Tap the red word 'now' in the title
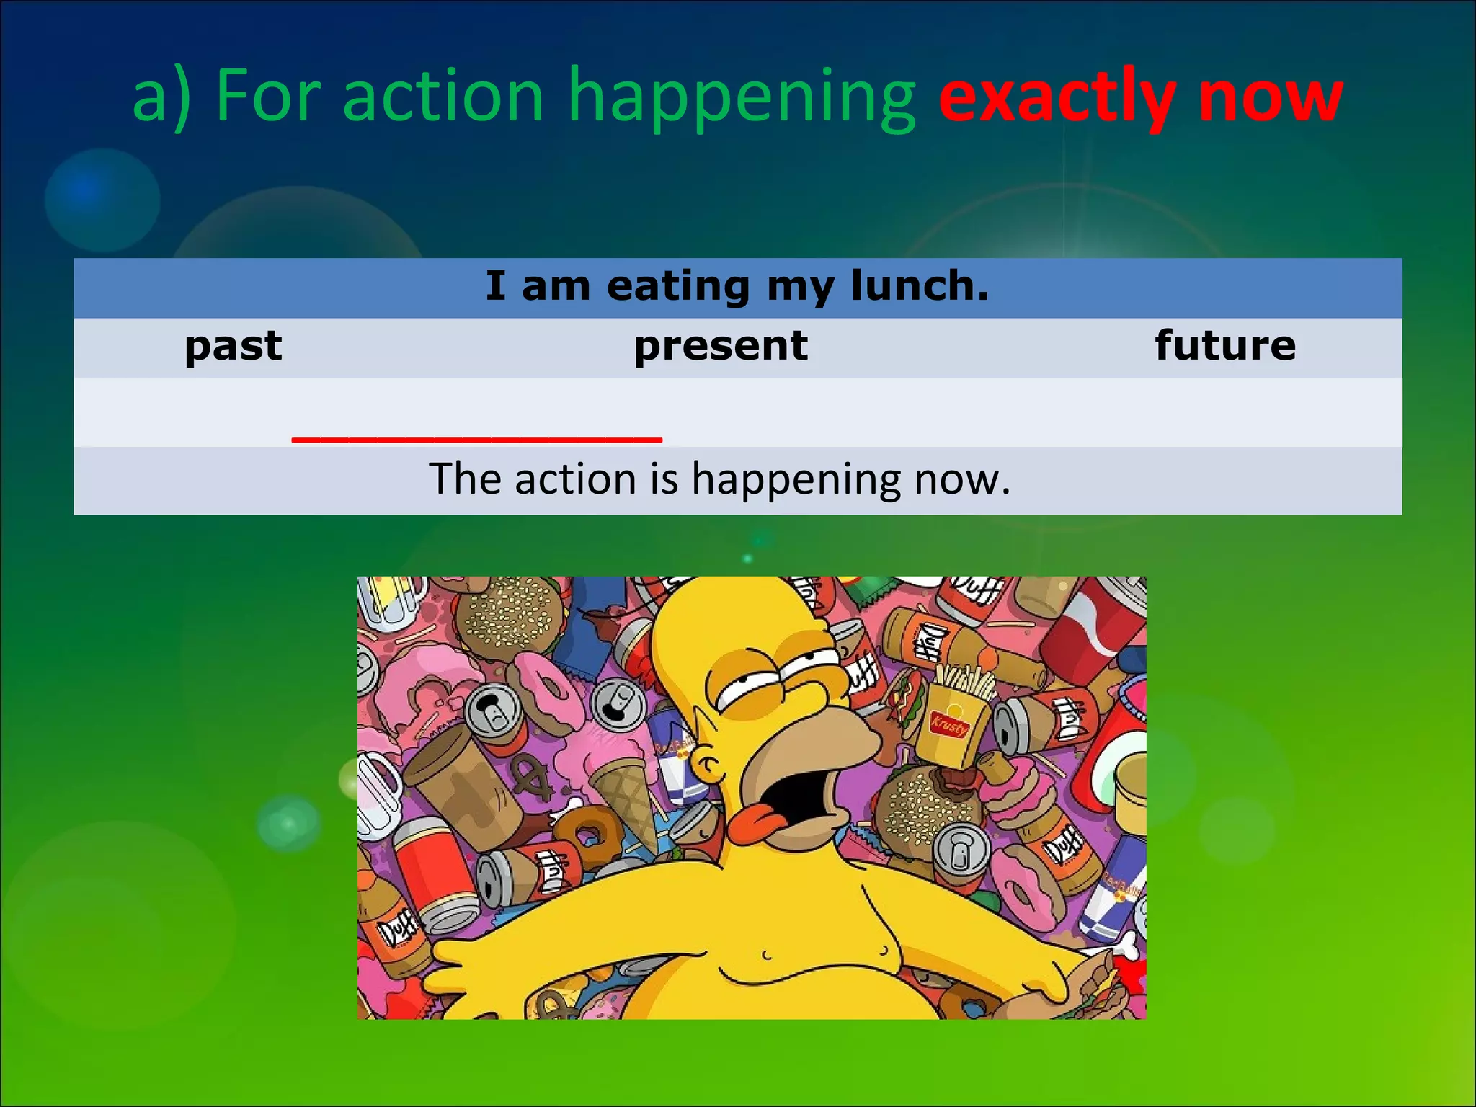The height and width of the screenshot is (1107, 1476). (1271, 97)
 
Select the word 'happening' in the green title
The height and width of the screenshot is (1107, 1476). (742, 97)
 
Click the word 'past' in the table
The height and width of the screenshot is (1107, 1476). (234, 346)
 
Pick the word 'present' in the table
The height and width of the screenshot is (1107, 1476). (721, 346)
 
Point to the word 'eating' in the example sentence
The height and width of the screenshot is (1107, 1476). (678, 287)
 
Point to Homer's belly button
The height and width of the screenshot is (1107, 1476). (766, 957)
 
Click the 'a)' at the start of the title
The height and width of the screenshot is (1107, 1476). (163, 97)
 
